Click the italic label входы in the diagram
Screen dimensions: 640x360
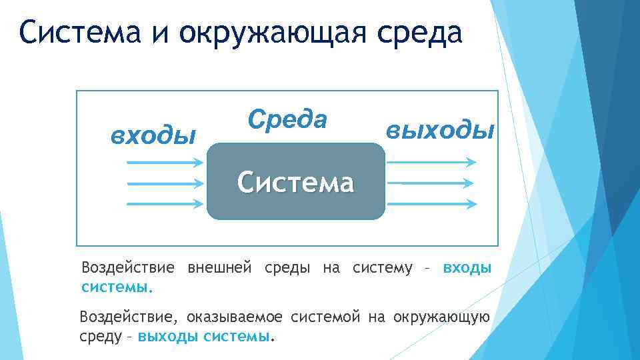pos(153,135)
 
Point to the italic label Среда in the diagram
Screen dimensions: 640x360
pos(287,119)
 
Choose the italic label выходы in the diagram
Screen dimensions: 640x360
pos(441,130)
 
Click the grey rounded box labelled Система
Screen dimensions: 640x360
pos(296,181)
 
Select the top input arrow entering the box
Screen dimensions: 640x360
pos(164,162)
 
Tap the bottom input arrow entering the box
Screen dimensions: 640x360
pos(164,203)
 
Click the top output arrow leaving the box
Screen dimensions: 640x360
pos(431,162)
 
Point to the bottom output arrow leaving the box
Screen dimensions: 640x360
pos(431,203)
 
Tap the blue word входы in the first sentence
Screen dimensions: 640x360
pos(467,268)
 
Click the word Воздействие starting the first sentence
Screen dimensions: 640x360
pos(127,268)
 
